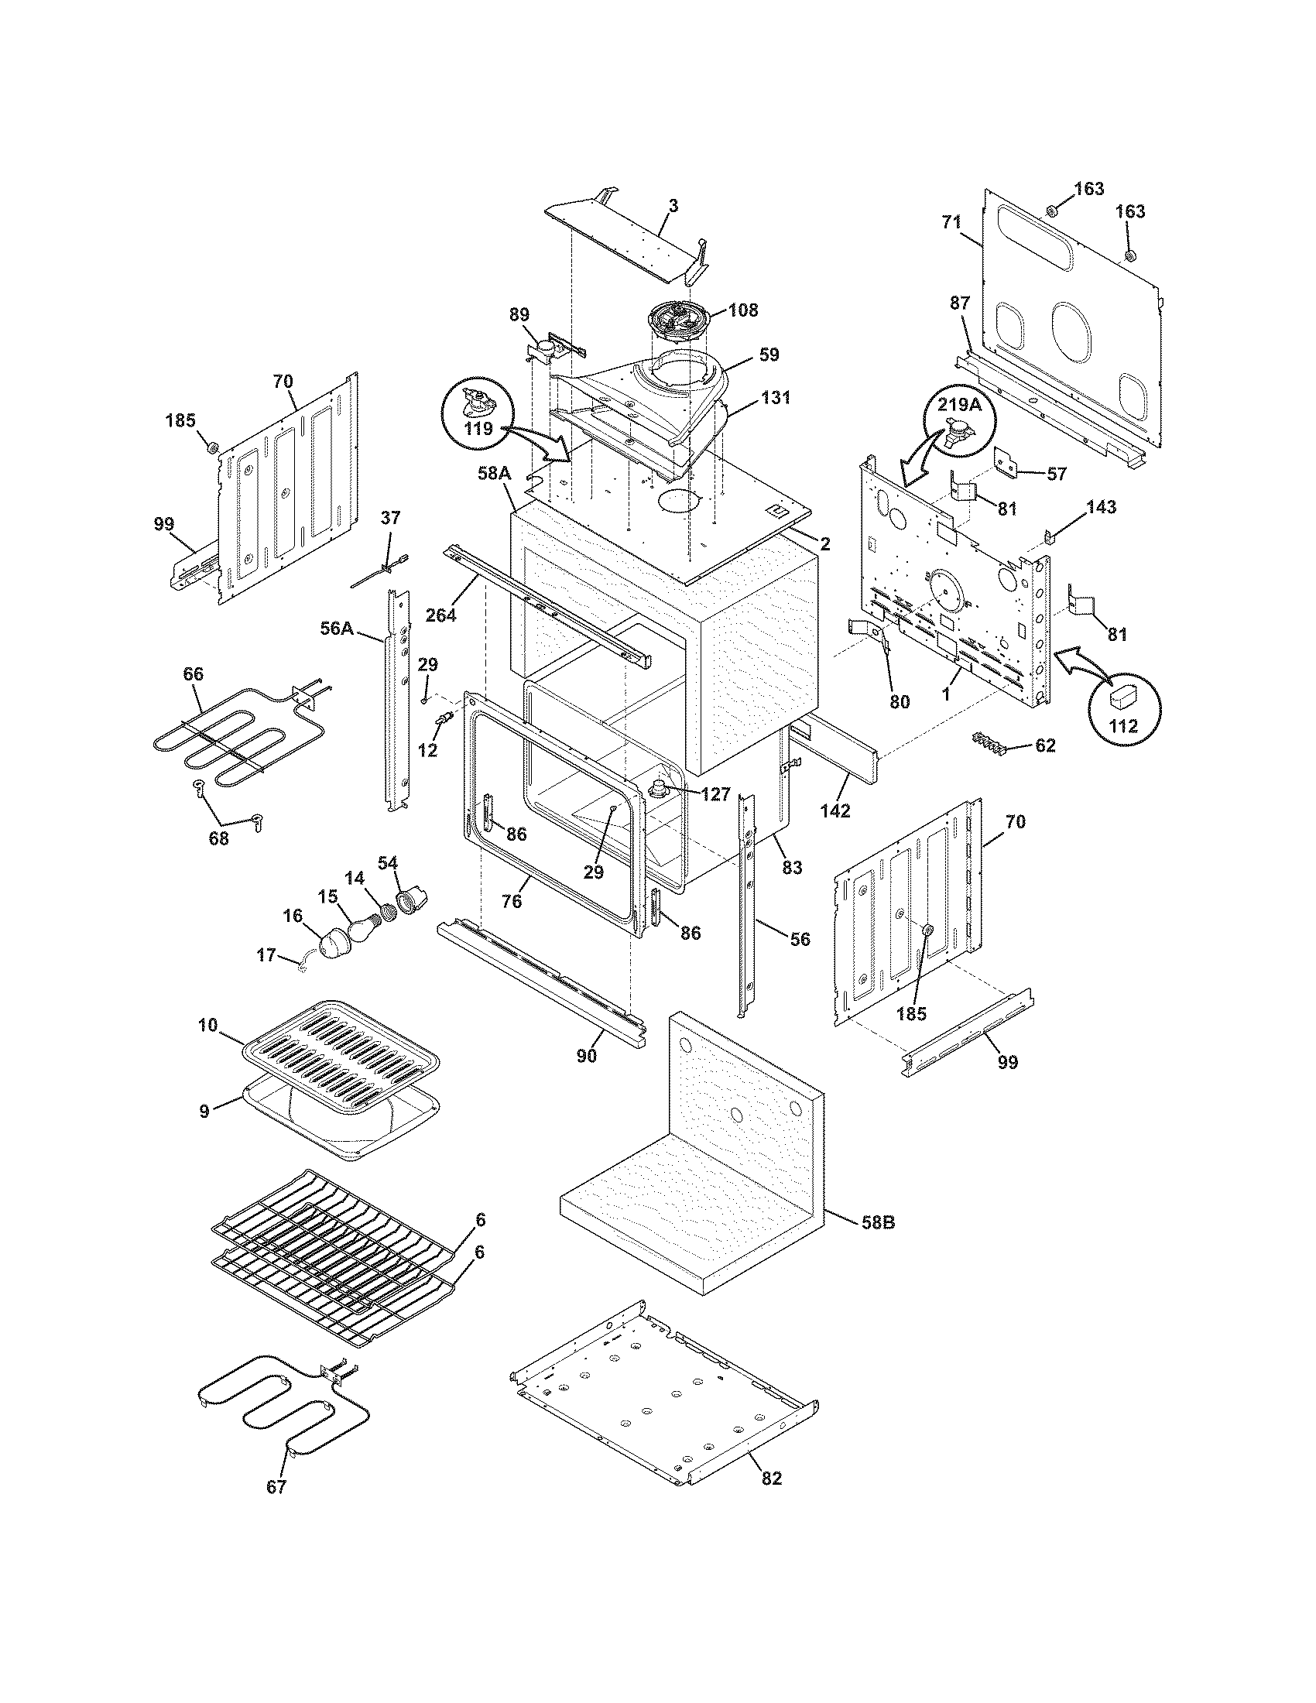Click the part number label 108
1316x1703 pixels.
click(x=743, y=310)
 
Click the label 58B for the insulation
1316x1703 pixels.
click(x=878, y=1222)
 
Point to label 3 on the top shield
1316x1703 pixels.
click(x=673, y=206)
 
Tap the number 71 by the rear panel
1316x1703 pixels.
click(x=952, y=222)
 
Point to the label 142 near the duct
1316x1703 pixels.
click(x=835, y=811)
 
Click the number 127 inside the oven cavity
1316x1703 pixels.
click(x=715, y=794)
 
